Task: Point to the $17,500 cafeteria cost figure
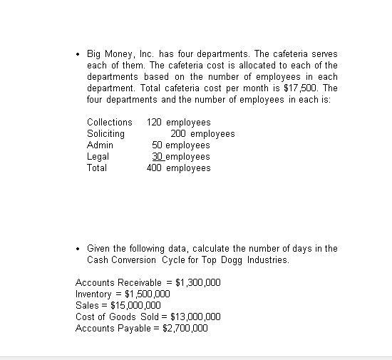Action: click(x=304, y=88)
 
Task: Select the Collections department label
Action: click(x=110, y=122)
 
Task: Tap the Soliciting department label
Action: click(x=105, y=133)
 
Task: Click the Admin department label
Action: click(x=100, y=145)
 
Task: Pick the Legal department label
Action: click(x=98, y=156)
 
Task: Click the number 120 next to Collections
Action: click(x=154, y=122)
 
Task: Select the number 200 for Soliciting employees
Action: click(x=178, y=133)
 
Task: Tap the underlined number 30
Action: click(x=158, y=156)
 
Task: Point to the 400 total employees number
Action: click(x=154, y=168)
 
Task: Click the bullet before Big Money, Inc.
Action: click(x=78, y=54)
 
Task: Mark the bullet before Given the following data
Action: click(x=78, y=249)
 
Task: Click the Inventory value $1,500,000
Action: click(x=148, y=294)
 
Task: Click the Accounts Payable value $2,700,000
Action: click(x=185, y=328)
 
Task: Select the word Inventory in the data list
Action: click(x=94, y=294)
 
